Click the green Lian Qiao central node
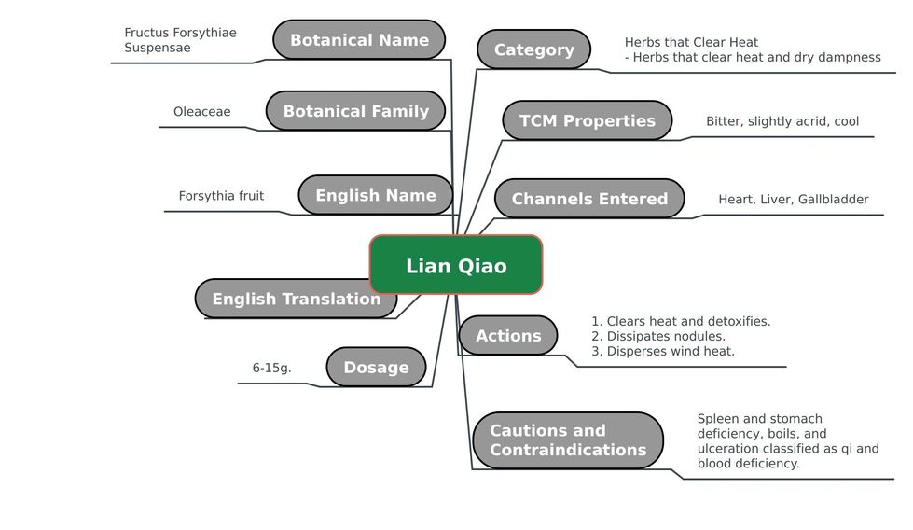point(456,264)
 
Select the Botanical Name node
point(359,39)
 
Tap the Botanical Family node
point(355,111)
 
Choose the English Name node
point(376,195)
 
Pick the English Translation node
point(297,299)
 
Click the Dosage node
point(376,367)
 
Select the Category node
point(534,49)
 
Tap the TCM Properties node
point(587,120)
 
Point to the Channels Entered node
point(589,199)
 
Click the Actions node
point(508,336)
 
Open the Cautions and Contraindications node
point(568,440)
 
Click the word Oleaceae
point(202,111)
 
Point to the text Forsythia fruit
point(221,196)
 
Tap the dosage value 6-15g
point(272,368)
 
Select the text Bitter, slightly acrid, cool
point(782,121)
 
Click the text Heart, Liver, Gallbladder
point(794,199)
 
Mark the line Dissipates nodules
point(658,336)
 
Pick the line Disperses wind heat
point(663,351)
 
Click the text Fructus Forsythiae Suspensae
point(181,39)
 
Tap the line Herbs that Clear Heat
point(691,42)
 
